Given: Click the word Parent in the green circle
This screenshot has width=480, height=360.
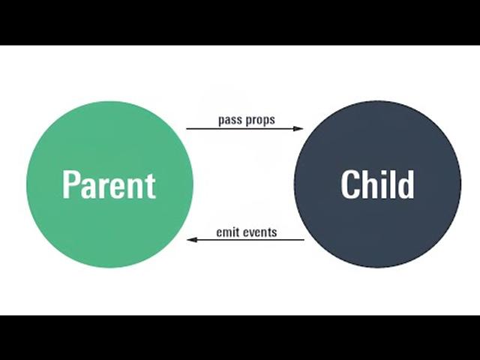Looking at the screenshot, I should [109, 184].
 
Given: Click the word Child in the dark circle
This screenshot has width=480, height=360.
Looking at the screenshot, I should [377, 184].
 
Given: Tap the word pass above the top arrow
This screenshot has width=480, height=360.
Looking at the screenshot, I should [230, 120].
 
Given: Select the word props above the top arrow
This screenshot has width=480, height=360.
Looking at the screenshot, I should [260, 120].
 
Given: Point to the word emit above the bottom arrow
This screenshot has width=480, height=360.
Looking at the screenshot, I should [227, 232].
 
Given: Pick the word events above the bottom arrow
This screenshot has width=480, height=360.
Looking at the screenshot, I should [259, 232].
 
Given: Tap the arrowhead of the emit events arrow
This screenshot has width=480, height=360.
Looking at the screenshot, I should [191, 240].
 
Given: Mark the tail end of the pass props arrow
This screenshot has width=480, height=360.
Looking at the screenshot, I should [187, 129].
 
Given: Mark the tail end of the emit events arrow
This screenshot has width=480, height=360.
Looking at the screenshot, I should [304, 240].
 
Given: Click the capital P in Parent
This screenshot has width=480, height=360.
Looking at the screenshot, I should [70, 184].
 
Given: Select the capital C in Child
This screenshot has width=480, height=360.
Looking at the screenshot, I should [350, 184].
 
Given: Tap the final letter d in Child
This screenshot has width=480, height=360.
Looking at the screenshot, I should [405, 184].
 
